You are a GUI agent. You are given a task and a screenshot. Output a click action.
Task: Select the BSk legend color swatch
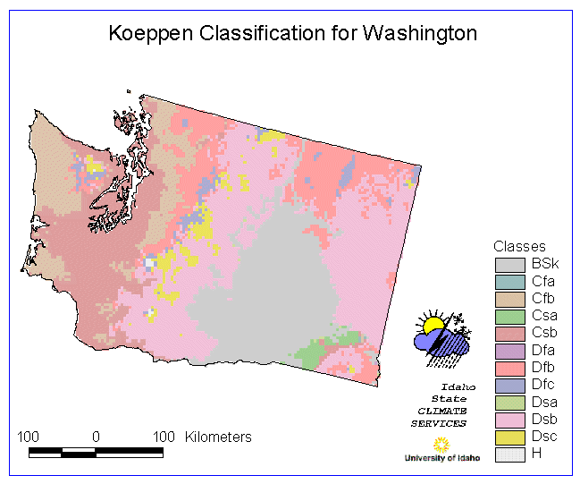(x=510, y=264)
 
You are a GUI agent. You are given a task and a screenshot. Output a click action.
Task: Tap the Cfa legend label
(x=542, y=281)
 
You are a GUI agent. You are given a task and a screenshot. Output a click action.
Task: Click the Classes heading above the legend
(x=519, y=246)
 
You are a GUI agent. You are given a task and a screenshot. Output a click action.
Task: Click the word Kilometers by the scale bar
(x=218, y=437)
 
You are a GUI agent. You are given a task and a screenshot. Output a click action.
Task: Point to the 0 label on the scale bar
(x=96, y=437)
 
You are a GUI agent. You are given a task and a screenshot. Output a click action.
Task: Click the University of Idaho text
(x=441, y=457)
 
